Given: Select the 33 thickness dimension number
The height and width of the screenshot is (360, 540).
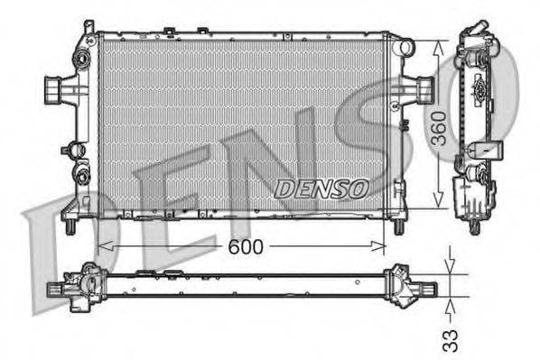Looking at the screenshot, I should pos(451,339).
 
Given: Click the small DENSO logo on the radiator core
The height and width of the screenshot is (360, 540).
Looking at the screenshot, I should pos(321,188).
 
